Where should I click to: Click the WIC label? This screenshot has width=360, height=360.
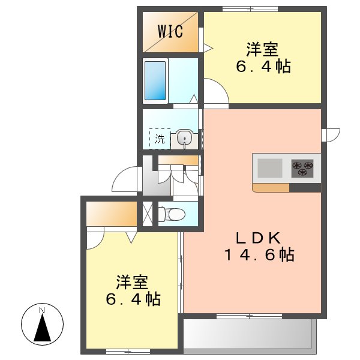click(x=170, y=32)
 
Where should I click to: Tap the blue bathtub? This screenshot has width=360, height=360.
click(x=155, y=80)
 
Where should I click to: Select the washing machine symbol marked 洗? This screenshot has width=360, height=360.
click(x=160, y=139)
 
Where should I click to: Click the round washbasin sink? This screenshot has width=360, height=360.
click(x=185, y=139)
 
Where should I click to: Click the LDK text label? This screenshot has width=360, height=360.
click(x=259, y=237)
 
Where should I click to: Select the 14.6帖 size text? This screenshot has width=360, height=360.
click(x=259, y=255)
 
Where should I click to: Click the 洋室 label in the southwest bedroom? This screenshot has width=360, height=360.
click(x=132, y=281)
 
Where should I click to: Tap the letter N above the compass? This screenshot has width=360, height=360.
click(x=42, y=310)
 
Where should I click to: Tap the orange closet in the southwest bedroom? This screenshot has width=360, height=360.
click(x=112, y=213)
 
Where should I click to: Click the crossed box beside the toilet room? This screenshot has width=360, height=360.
click(x=146, y=214)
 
